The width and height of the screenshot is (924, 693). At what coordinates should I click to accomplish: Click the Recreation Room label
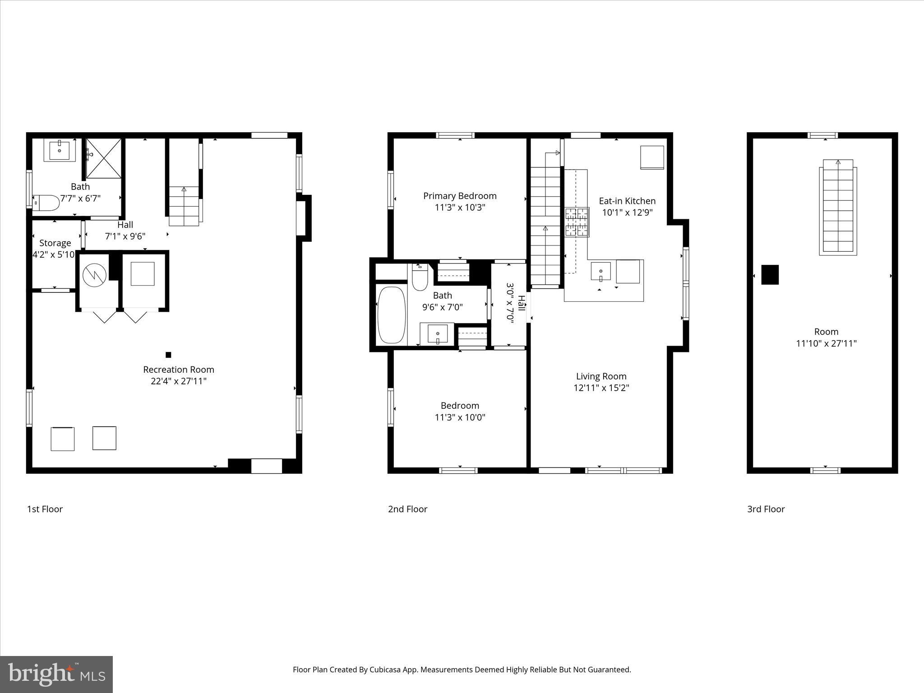(179, 370)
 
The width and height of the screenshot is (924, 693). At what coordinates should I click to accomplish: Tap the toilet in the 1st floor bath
(46, 203)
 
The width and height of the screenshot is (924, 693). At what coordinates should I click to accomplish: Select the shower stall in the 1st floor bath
(104, 158)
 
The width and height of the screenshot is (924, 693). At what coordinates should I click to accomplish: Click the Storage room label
(55, 243)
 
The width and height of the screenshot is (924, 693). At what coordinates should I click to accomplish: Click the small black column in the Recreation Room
(168, 355)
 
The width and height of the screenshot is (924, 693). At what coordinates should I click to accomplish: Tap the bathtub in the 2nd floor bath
(391, 315)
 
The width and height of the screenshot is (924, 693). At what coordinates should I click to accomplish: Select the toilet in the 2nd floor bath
(420, 277)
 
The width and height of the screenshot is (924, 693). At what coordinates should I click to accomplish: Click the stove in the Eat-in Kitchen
(577, 222)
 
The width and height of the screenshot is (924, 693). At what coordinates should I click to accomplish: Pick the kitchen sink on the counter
(601, 272)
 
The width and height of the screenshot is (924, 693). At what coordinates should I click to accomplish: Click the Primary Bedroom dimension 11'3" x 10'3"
(460, 208)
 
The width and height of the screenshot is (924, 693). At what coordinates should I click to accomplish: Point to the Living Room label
(601, 376)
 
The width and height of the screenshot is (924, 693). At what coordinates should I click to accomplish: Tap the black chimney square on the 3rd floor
(770, 275)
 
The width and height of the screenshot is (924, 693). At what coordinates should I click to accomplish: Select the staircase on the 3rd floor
(838, 207)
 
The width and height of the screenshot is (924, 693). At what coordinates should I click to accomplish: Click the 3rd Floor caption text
(766, 509)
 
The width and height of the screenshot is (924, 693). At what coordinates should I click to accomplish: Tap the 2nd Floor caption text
(407, 509)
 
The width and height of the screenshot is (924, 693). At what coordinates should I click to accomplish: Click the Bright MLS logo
(56, 674)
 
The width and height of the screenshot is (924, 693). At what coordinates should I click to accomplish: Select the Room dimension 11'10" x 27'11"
(826, 343)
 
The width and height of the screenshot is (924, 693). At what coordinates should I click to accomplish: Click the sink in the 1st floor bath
(60, 150)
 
